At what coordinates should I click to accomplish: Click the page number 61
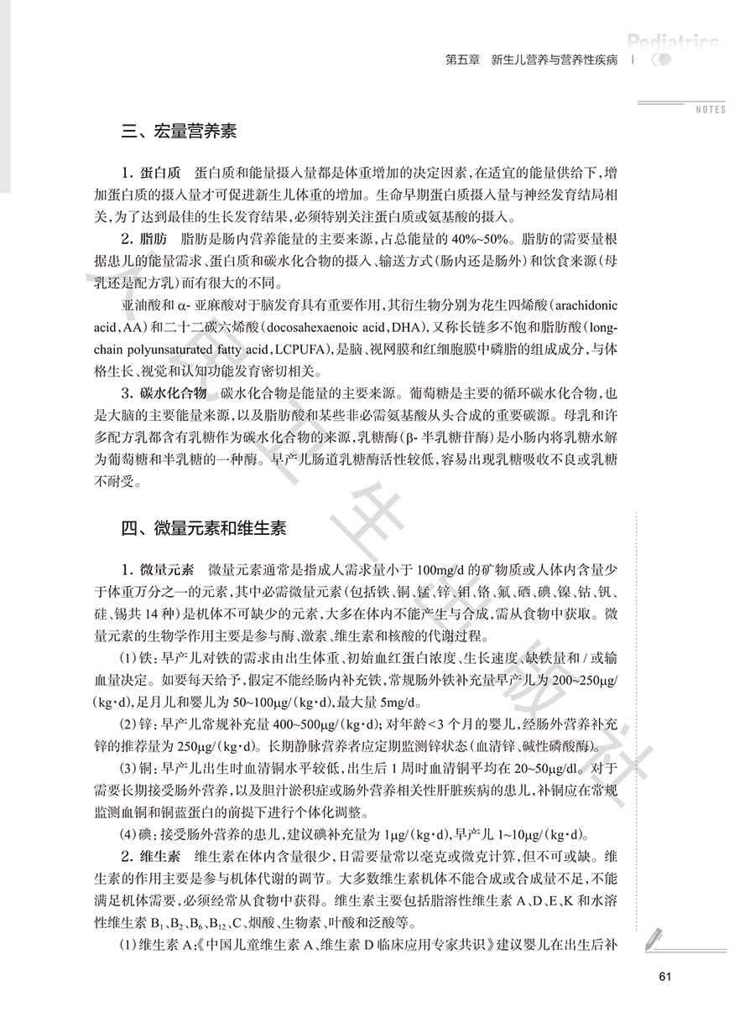coord(666,975)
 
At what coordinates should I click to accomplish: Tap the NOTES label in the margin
coord(711,110)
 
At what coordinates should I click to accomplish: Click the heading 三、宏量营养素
coord(179,132)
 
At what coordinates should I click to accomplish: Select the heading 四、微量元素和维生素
coord(203,528)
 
